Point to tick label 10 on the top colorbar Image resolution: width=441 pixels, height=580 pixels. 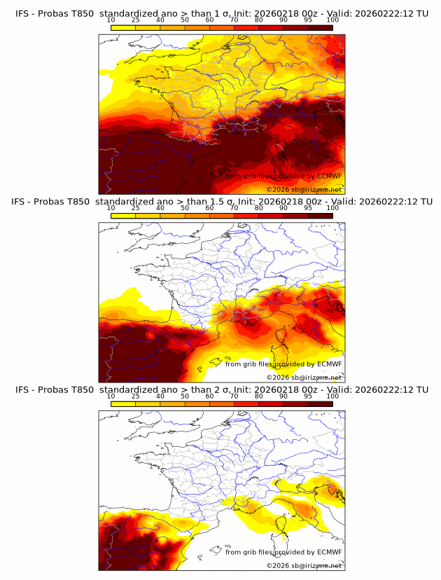coord(111,20)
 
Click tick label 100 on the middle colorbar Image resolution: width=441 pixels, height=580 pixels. coord(332,208)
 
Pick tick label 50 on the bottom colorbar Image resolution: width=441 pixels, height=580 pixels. coord(185,396)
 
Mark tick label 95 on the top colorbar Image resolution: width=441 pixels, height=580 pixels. coord(308,20)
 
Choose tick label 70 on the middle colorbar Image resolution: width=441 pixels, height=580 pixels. coord(234,208)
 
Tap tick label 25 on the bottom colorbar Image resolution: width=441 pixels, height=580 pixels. coord(136,396)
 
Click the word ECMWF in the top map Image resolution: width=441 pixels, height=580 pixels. coord(329,176)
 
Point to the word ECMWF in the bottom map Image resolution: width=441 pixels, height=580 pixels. coord(329,552)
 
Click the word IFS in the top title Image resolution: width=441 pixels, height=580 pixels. coord(22,13)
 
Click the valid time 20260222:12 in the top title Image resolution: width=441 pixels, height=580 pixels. coord(387,13)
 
